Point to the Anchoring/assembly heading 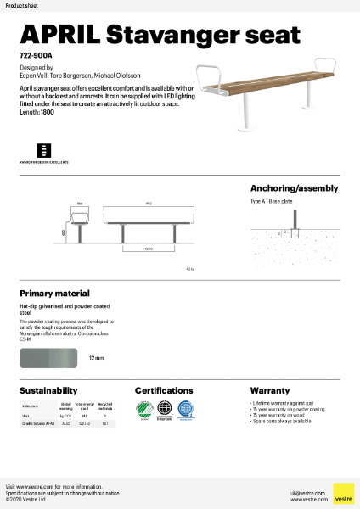294,188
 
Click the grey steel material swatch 49,359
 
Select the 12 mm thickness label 96,359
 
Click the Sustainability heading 49,390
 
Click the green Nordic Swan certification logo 143,411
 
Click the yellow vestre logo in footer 343,494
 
